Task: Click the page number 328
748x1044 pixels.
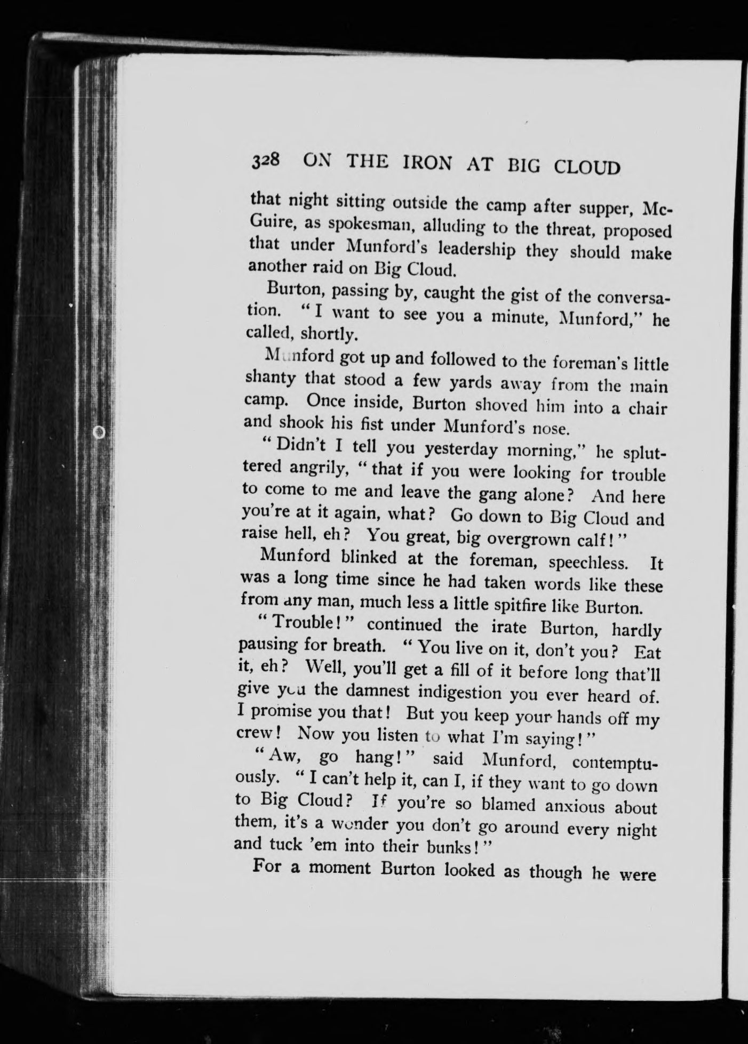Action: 265,160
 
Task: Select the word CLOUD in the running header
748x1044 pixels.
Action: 587,167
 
